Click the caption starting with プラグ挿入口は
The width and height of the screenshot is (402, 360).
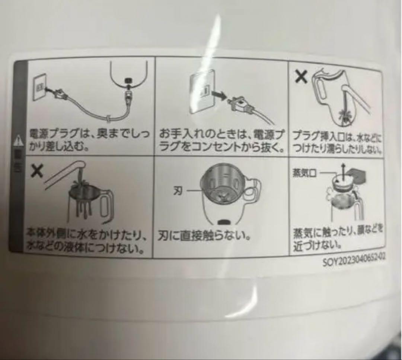(336, 143)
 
